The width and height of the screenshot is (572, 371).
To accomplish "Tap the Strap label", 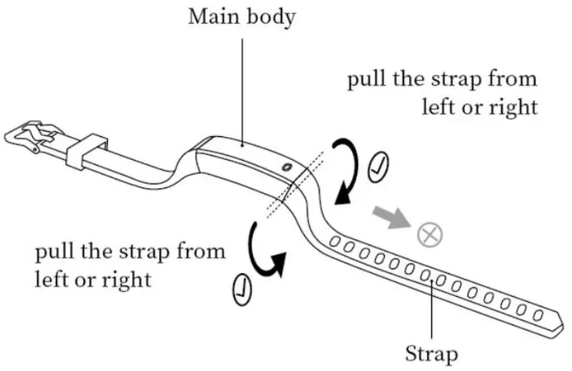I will pos(431,352).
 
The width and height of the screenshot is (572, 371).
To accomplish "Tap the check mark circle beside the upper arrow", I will pos(378,169).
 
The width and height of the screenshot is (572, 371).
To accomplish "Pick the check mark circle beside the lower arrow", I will pos(241,288).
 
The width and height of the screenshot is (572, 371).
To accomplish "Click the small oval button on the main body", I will pos(286,167).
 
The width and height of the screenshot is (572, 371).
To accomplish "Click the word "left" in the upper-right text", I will pos(438,107).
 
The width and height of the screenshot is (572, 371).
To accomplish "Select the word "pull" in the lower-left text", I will pos(53,252).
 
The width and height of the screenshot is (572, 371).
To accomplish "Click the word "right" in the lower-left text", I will pos(133,279).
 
